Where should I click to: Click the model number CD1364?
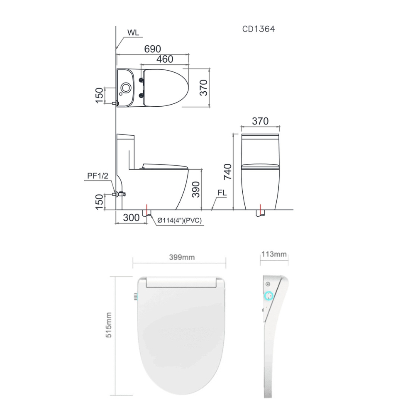259,29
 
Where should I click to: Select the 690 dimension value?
152,49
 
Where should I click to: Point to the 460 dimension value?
165,59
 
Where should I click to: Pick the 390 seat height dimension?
196,189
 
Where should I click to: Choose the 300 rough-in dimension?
131,217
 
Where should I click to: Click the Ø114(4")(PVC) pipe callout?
179,221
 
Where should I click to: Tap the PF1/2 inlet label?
98,176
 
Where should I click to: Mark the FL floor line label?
222,193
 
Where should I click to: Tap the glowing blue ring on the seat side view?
269,296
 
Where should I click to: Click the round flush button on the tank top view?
126,88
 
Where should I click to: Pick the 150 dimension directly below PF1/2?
99,202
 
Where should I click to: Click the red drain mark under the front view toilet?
259,208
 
